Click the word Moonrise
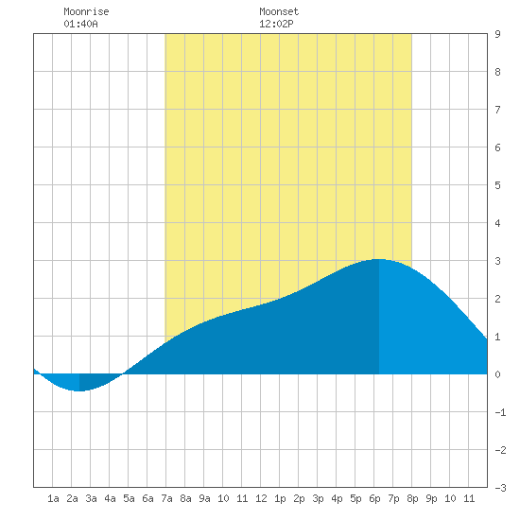point(86,11)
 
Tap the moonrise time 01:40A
point(80,24)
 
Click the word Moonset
point(279,11)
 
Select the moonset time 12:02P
point(276,24)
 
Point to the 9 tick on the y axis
point(497,34)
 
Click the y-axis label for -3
point(500,488)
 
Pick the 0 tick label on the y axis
point(497,374)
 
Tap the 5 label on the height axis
point(497,185)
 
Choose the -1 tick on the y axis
point(500,412)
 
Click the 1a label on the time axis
point(53,498)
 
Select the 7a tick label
point(166,498)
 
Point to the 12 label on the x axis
point(261,498)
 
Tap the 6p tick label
point(374,498)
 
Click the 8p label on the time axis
point(412,498)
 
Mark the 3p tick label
point(318,498)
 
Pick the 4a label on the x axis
point(110,498)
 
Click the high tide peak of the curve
point(379,259)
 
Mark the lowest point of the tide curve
point(79,391)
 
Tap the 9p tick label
point(431,498)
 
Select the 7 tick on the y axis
point(497,110)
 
